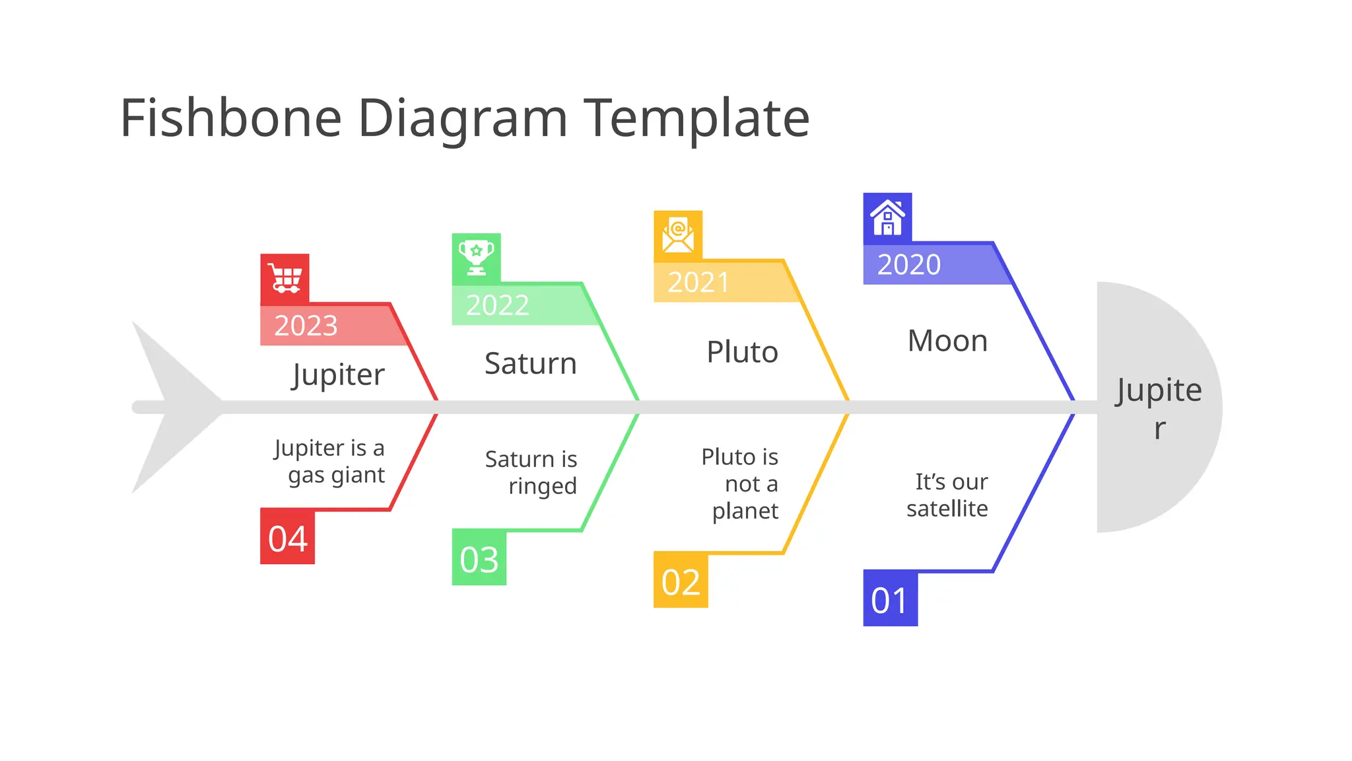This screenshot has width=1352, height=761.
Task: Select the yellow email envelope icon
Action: pos(678,235)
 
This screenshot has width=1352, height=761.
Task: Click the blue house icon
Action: pos(887,218)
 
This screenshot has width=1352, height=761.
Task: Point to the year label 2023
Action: pos(306,326)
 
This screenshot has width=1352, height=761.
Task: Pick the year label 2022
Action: pos(498,305)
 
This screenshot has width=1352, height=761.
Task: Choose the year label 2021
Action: pos(698,283)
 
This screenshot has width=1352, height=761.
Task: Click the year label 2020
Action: pos(909,265)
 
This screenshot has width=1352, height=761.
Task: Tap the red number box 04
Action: pos(288,538)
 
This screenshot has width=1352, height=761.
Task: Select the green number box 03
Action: pos(479,559)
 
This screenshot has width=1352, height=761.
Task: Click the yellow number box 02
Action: pos(681,581)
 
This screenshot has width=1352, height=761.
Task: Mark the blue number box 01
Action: pos(890,599)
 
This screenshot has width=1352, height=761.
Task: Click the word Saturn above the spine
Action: pos(531,363)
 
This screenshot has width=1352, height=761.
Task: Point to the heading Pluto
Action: pos(742,352)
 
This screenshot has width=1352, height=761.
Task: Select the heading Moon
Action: pos(947,342)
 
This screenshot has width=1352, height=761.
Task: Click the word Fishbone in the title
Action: pos(231,118)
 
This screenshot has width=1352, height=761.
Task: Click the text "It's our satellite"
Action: pos(948,495)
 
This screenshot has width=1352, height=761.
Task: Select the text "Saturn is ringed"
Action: pos(532,472)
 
